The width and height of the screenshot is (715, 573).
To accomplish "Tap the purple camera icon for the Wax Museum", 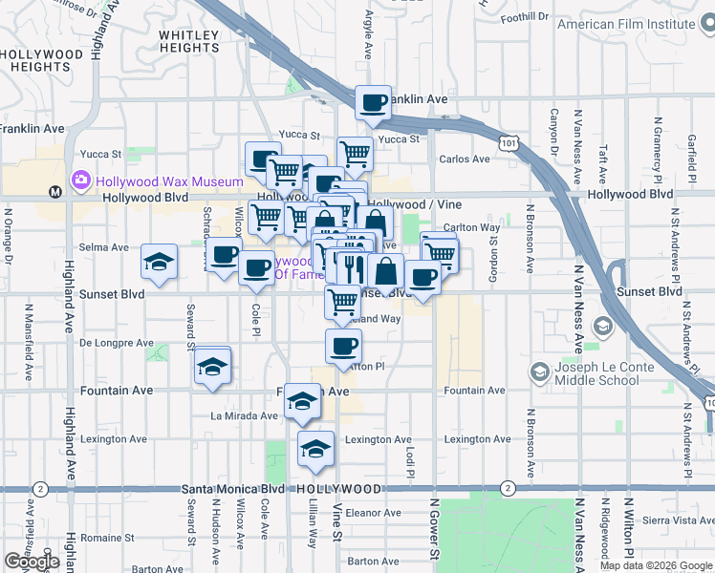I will pos(81,180).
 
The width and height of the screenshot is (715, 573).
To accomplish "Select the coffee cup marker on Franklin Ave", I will pos(373,101).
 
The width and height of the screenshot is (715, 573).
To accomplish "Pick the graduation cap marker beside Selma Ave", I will pos(159,261).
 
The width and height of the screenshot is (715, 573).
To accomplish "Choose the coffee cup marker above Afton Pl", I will pos(343,346).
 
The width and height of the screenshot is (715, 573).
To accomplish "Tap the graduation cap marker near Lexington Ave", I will pos(315,448).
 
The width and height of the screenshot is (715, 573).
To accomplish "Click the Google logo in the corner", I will pos(32,562).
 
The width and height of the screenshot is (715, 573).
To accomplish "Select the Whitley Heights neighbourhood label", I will pos(188,41).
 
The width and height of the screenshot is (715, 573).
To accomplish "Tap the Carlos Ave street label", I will pos(464,159).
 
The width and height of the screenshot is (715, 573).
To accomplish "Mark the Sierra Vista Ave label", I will pos(678,520).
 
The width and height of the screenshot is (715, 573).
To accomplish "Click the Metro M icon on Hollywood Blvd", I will pos(55,191).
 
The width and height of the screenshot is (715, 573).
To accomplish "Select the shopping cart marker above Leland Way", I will pos(342,301).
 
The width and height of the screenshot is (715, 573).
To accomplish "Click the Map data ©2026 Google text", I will pos(656,565).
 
